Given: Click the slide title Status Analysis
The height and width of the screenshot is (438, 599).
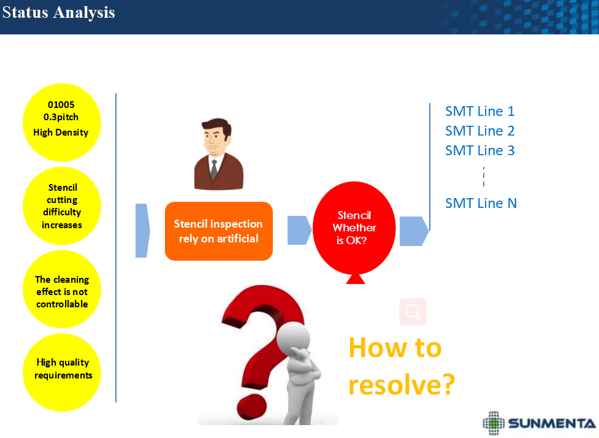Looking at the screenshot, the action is click(58, 12).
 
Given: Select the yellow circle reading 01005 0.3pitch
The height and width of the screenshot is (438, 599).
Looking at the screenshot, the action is click(62, 122).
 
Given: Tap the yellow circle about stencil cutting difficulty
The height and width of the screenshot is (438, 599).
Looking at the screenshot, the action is click(62, 206).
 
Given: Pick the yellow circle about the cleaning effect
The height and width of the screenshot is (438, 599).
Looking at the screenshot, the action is click(62, 289).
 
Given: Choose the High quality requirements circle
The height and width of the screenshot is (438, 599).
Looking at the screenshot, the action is click(62, 372).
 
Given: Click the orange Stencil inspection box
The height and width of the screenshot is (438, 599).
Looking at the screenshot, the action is click(219, 231).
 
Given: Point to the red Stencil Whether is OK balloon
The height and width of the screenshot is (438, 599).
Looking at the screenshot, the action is click(354, 229).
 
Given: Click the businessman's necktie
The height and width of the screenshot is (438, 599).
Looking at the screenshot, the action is click(214, 169).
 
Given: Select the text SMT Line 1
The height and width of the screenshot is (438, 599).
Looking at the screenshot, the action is click(480, 111).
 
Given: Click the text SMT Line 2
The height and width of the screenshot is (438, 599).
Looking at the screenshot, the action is click(480, 131).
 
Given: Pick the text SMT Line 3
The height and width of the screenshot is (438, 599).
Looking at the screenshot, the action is click(480, 150).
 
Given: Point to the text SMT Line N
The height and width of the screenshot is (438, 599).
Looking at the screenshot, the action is click(481, 203).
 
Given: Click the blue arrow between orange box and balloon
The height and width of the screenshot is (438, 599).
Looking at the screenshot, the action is click(299, 230).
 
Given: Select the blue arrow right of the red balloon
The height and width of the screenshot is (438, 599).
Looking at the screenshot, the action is click(414, 231).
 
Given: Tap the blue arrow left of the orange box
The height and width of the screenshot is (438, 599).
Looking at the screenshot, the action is click(142, 231).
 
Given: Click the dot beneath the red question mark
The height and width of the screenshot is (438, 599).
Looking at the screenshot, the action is click(251, 409).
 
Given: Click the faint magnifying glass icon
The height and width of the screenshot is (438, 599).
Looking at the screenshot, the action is click(413, 312).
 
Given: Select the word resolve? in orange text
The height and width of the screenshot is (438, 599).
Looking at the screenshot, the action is click(402, 385).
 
